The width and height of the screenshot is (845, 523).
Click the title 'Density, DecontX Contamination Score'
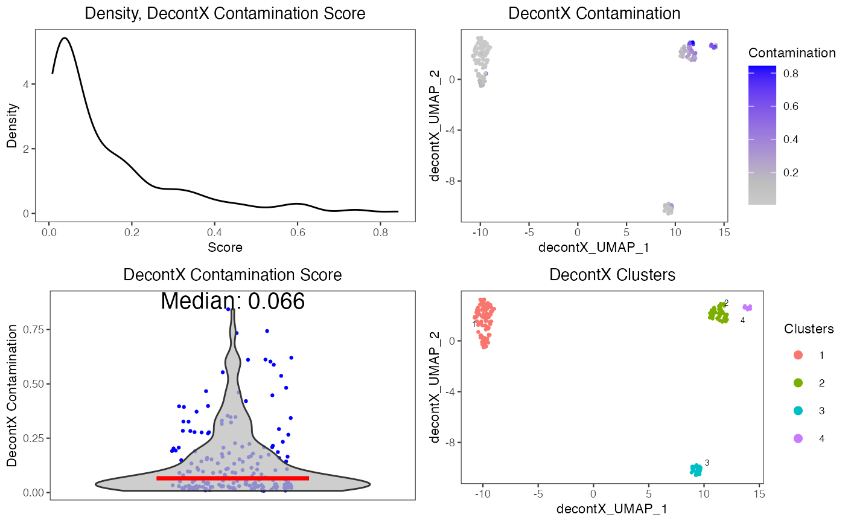[225, 13]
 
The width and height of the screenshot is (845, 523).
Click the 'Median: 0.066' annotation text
[232, 301]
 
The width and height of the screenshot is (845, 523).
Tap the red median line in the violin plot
[232, 478]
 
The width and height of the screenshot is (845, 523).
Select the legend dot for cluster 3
[798, 411]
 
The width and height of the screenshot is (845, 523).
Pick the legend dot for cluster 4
[798, 438]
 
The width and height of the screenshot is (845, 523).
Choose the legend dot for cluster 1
[798, 355]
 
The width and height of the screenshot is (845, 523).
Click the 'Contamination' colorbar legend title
[791, 53]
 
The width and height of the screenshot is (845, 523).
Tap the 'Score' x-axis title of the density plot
[225, 247]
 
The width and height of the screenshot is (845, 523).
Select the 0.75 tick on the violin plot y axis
[33, 329]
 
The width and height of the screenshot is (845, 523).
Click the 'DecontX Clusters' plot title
[612, 275]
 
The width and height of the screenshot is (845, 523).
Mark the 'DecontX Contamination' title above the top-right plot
[594, 13]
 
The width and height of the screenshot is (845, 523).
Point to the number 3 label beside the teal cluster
[707, 463]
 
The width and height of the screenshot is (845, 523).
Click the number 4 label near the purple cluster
[742, 321]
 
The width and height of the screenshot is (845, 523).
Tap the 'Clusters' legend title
[809, 329]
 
